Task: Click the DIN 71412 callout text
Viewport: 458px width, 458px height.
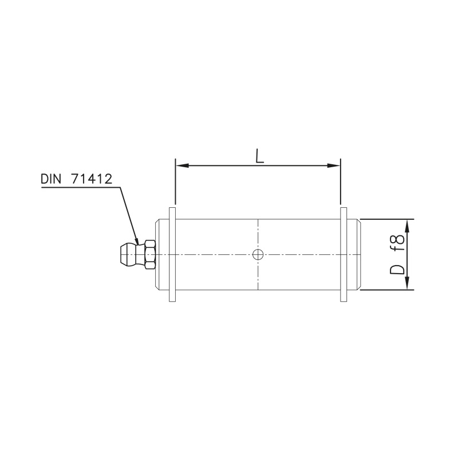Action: (x=77, y=179)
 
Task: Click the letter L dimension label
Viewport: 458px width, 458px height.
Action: (x=260, y=157)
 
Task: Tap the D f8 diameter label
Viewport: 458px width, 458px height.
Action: (x=397, y=254)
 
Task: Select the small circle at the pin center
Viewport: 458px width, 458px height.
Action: (x=258, y=255)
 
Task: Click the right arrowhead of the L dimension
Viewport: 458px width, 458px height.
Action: (x=334, y=165)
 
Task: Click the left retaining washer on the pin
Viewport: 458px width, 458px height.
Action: (x=172, y=254)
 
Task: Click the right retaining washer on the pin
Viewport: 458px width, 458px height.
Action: (x=344, y=254)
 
